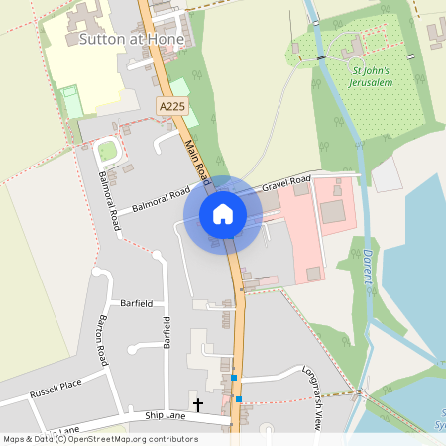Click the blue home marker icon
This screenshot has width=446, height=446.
tap(223, 214)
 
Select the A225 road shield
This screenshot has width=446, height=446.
tap(171, 103)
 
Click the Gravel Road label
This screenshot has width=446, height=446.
tap(286, 185)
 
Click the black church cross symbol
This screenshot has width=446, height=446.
tap(197, 404)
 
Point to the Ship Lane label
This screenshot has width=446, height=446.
tap(165, 416)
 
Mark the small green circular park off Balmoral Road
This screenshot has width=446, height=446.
tap(107, 151)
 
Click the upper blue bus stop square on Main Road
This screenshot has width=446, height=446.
tap(235, 377)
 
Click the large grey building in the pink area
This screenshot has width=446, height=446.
tap(332, 211)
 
